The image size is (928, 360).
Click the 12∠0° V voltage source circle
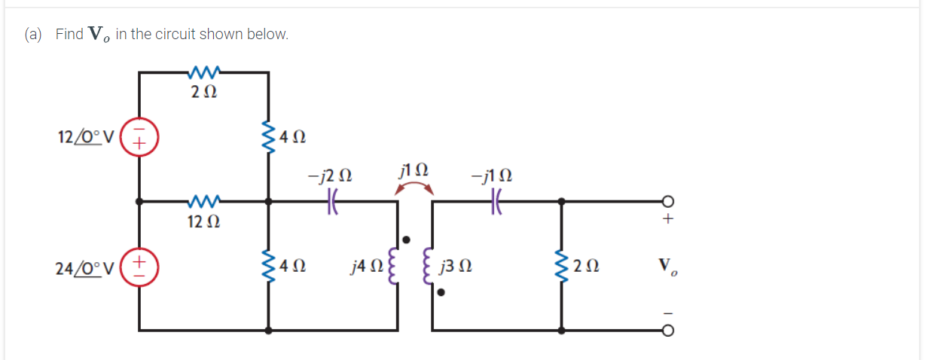tap(139, 138)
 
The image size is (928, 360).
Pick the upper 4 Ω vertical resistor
tap(269, 137)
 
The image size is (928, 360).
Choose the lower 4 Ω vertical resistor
tap(269, 266)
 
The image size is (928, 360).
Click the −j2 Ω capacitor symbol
tap(334, 202)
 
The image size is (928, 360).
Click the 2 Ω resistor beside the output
tap(561, 266)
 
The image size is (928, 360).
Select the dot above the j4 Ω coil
tap(407, 239)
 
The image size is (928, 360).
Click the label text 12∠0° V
tap(85, 138)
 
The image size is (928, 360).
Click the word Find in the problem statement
tap(69, 35)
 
